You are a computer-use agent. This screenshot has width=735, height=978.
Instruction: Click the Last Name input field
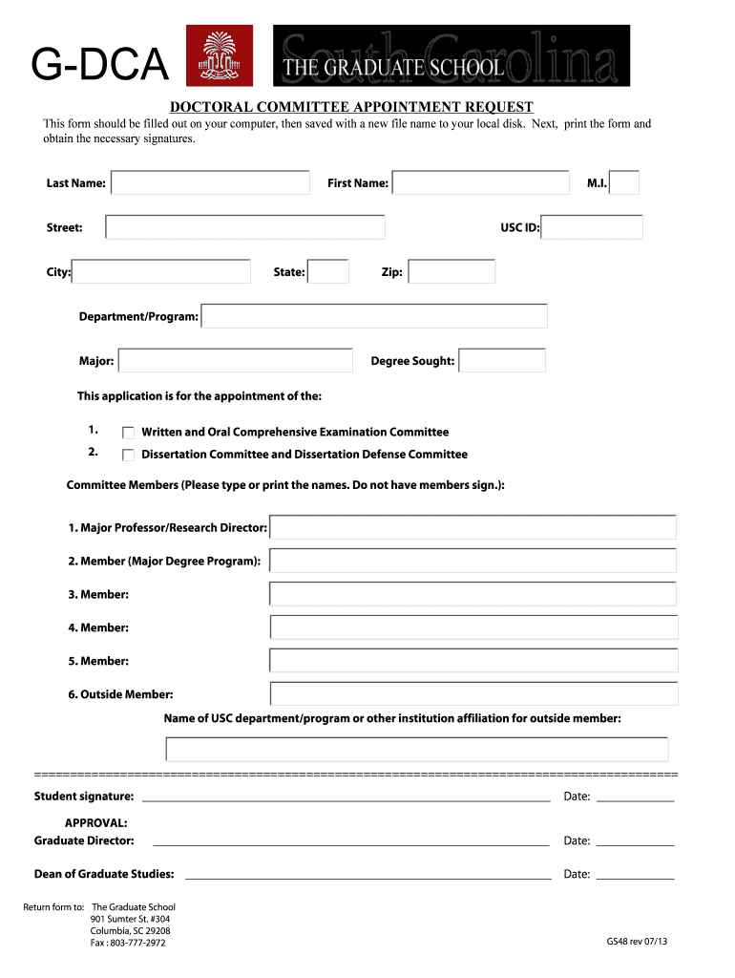(x=210, y=182)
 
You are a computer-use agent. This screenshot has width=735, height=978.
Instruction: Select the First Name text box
(x=480, y=182)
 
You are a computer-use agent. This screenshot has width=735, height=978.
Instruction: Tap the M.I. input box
(x=624, y=182)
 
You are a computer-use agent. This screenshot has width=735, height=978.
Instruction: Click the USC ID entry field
(x=593, y=227)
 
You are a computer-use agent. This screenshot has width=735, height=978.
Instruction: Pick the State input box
(x=329, y=272)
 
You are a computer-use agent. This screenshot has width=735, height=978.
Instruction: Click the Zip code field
(x=451, y=272)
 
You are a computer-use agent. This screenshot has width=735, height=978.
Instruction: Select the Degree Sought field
(x=502, y=361)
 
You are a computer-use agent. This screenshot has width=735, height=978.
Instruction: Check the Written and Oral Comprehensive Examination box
(x=129, y=433)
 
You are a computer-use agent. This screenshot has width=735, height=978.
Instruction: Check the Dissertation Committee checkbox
(x=129, y=455)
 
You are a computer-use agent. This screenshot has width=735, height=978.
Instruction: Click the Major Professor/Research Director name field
(x=472, y=527)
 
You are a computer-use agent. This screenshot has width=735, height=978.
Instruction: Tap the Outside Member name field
(x=473, y=694)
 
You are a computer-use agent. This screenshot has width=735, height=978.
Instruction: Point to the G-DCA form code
(x=99, y=67)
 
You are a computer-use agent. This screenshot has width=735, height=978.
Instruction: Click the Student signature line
(x=346, y=797)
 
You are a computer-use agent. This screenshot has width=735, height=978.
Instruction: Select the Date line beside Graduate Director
(x=635, y=841)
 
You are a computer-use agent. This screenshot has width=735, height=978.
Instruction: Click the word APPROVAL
(x=95, y=823)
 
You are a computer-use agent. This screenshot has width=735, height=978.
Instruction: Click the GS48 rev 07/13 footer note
(x=637, y=942)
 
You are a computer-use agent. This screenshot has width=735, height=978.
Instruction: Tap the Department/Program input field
(x=374, y=316)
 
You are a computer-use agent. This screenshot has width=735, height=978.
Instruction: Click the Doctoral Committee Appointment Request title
(x=351, y=107)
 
